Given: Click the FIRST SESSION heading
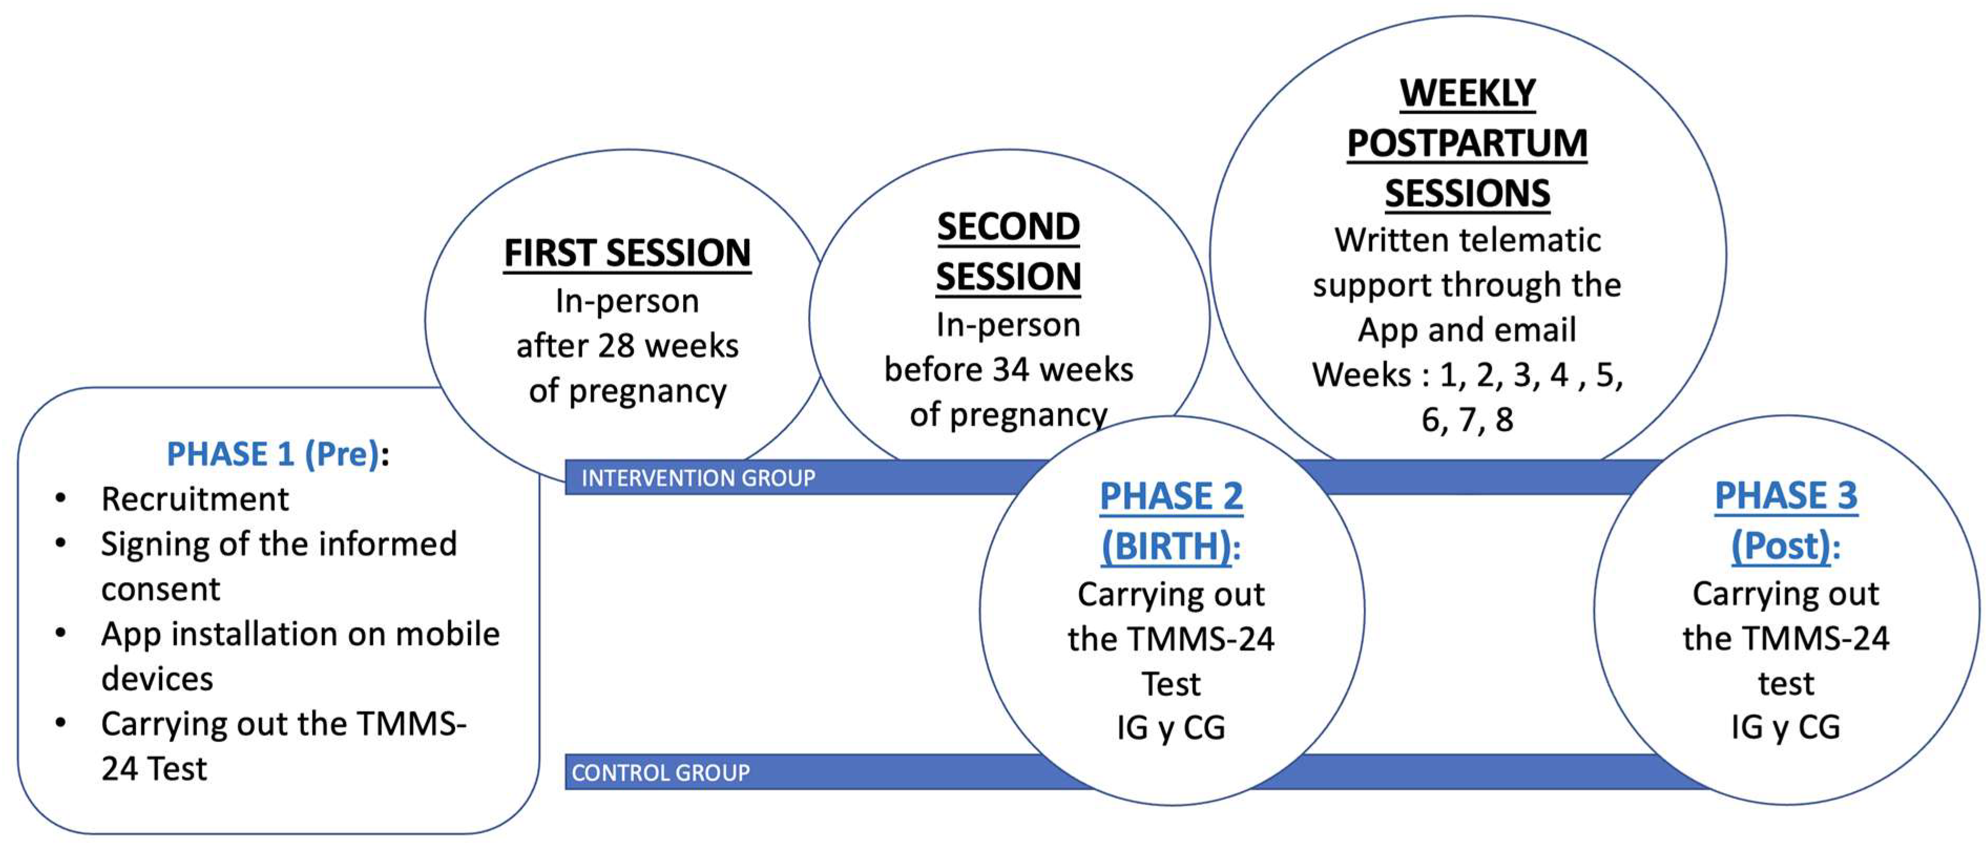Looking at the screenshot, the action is [x=627, y=253].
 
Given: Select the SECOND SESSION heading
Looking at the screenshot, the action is [x=1008, y=251].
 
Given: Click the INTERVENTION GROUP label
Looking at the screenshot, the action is [x=698, y=478].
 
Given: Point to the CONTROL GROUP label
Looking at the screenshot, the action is [x=660, y=773].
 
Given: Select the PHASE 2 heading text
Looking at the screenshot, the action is [x=1171, y=496].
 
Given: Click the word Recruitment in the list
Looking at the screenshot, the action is [x=195, y=499].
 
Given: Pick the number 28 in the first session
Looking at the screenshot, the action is [x=615, y=346].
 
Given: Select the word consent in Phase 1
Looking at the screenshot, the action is [x=161, y=590].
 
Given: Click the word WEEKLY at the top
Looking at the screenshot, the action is [x=1467, y=93].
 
